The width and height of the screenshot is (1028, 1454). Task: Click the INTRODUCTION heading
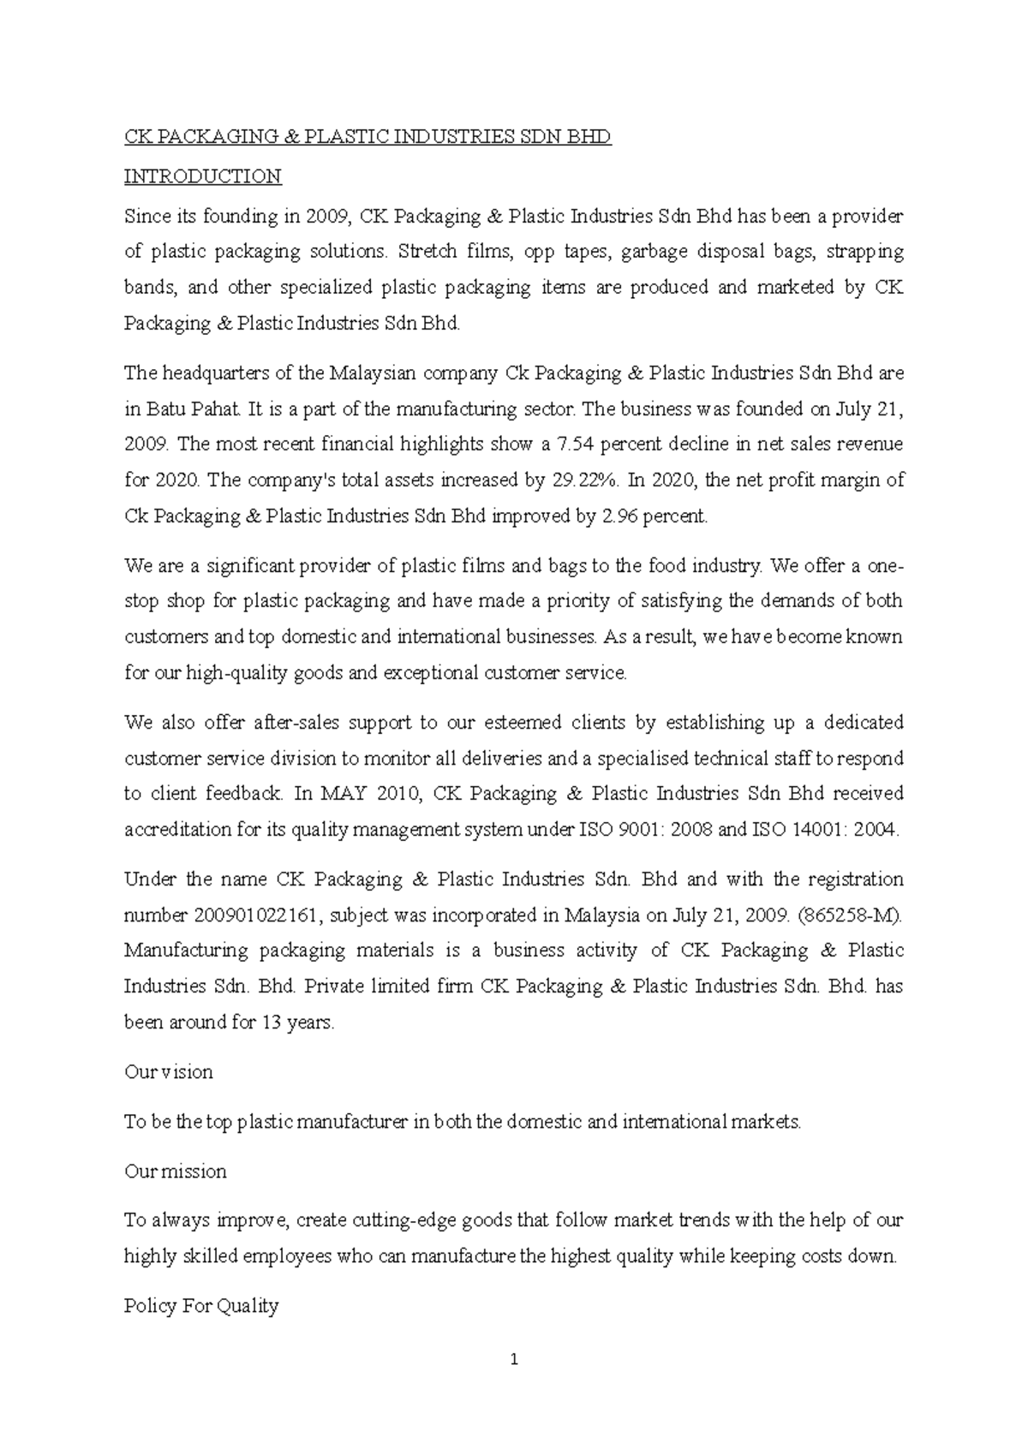[x=202, y=176]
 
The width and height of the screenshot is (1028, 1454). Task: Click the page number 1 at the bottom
[x=514, y=1359]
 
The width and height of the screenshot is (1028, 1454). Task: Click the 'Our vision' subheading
[x=169, y=1072]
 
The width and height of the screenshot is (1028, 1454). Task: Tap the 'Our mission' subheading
[x=176, y=1171]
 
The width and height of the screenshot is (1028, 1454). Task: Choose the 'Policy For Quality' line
[x=201, y=1306]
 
